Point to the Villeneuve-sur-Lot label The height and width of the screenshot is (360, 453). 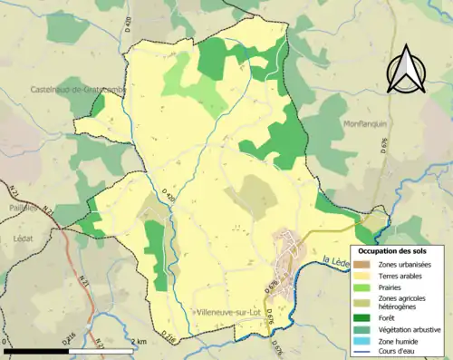[x=232, y=313]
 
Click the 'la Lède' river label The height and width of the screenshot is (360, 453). [x=335, y=261]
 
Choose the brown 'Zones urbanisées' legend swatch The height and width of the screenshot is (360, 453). [x=361, y=263]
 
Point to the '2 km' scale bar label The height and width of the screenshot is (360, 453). [x=138, y=342]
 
